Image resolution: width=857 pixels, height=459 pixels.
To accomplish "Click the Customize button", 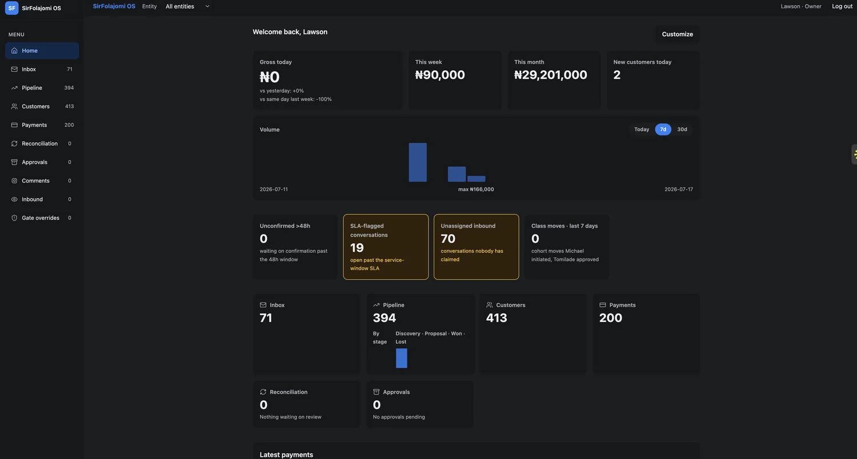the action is click(677, 34).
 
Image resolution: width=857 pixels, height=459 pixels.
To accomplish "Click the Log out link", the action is click(842, 6).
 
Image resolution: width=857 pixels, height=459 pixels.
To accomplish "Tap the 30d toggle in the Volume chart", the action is click(682, 130).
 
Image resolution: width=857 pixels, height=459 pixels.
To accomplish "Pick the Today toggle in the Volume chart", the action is click(642, 130).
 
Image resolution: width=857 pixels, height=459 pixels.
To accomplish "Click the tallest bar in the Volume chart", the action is click(418, 163).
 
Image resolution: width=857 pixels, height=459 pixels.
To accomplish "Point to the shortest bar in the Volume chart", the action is click(476, 179).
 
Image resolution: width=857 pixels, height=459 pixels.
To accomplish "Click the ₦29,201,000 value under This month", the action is click(550, 75).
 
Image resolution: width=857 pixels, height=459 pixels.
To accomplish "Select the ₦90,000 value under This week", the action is click(440, 75).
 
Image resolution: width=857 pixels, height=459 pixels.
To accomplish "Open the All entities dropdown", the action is click(187, 6).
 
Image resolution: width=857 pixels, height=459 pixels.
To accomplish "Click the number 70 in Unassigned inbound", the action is click(448, 239).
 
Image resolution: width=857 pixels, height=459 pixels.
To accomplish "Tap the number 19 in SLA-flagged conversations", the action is click(357, 248).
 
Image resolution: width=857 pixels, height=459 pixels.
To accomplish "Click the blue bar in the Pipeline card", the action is click(401, 358).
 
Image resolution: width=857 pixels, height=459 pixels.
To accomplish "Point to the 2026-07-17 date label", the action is click(678, 190).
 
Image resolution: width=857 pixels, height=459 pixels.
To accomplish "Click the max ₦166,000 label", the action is click(476, 190).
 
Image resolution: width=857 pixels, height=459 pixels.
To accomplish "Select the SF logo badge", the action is click(11, 8).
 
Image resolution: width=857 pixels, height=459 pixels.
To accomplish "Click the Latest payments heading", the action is click(286, 455).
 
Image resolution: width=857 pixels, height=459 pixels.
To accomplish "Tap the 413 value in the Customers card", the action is click(496, 318).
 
